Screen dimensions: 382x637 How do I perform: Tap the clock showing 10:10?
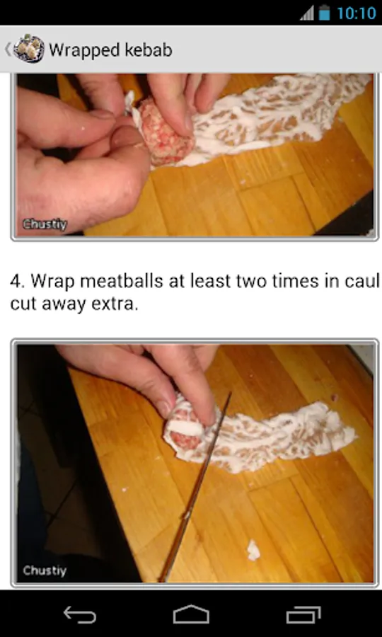pos(357,13)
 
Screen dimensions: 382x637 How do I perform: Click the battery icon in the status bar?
pos(324,13)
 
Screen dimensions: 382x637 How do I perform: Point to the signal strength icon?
pos(307,13)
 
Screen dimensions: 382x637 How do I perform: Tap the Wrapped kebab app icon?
pos(29,49)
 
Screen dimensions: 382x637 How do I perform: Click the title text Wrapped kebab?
pos(110,50)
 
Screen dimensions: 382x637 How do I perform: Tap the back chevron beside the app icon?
pos(7,49)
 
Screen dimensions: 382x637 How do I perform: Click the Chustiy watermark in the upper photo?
pos(45,224)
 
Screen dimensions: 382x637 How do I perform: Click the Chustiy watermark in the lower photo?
pos(45,570)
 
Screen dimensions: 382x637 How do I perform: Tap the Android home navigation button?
pos(191,614)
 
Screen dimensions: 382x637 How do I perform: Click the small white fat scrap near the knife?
pos(254,550)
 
